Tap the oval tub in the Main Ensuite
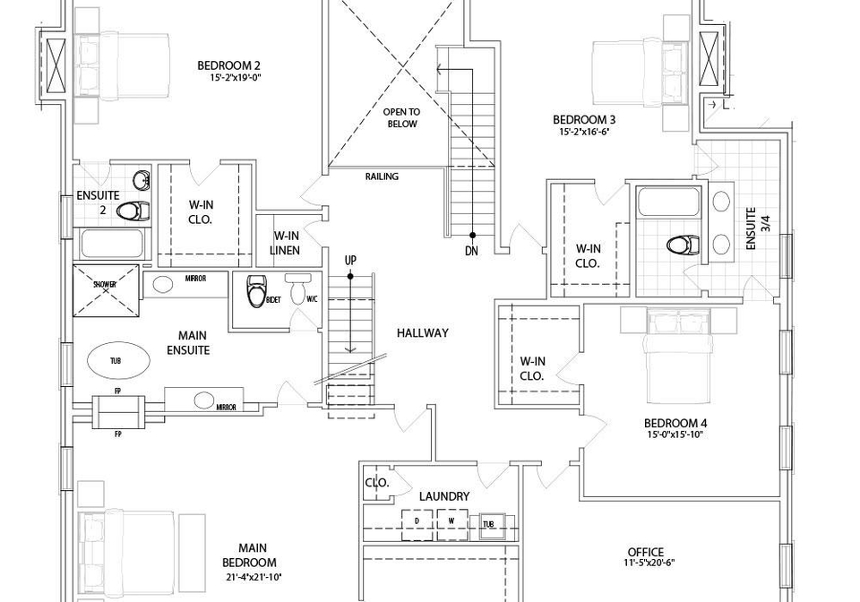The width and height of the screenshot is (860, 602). coord(118,360)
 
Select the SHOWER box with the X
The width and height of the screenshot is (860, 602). coord(106,290)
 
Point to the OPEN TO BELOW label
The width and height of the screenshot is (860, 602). coord(402,118)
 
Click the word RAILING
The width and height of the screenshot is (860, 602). coord(382,176)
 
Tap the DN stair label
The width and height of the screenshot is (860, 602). coord(471,251)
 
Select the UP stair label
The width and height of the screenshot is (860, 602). coord(350,260)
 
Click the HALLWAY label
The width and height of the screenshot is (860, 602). coord(422,332)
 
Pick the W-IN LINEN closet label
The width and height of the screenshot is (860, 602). coord(286,243)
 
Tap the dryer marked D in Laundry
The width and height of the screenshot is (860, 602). coord(417,525)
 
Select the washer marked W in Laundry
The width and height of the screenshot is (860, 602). coord(451,525)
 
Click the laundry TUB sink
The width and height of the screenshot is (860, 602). coord(489,526)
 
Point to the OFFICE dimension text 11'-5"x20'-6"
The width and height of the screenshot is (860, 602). coord(646,563)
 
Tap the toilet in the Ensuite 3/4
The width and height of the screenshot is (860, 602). coord(683,245)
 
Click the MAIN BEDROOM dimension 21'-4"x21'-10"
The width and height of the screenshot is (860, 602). coord(253,577)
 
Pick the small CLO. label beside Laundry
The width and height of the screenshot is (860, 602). coord(377,483)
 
